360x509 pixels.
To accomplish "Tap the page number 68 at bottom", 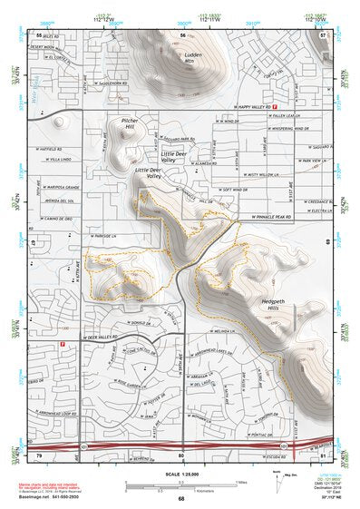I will [180, 498].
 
